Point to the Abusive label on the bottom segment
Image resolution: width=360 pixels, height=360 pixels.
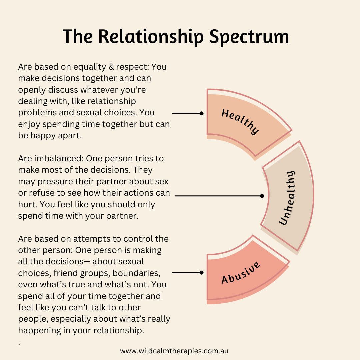click(241, 273)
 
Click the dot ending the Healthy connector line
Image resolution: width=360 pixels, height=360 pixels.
click(201, 113)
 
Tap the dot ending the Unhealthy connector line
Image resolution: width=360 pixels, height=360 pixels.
click(262, 196)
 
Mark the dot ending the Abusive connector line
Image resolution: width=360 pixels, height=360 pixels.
click(201, 272)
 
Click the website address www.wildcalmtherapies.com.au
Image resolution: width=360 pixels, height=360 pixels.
click(174, 351)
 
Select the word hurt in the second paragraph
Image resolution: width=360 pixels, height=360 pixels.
click(25, 204)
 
